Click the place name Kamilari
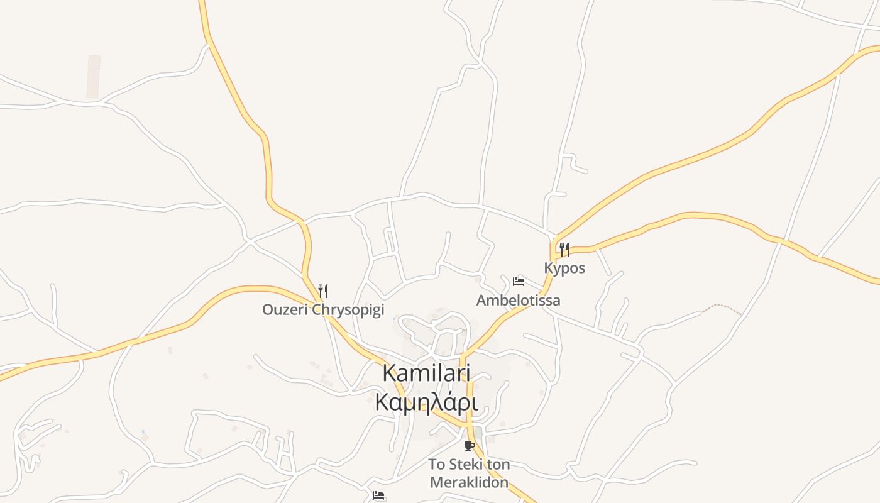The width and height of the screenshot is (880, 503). [x=426, y=372]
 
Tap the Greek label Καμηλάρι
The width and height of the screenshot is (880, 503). [x=426, y=402]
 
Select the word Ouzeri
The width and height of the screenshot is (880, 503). [x=285, y=309]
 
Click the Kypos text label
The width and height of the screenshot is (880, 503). [x=564, y=268]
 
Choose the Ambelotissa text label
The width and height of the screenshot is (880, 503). [x=518, y=301]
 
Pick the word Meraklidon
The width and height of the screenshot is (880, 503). [x=468, y=482]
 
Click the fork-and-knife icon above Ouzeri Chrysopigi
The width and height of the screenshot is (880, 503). [x=323, y=290]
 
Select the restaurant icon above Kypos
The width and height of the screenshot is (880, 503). [x=564, y=249]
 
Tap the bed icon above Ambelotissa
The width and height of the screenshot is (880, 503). [x=519, y=281]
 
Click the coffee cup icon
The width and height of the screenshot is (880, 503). [x=469, y=446]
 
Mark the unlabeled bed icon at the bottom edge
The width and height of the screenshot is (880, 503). [x=378, y=495]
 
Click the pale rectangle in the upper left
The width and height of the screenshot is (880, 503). [x=94, y=77]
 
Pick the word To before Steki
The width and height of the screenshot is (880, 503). [x=437, y=465]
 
